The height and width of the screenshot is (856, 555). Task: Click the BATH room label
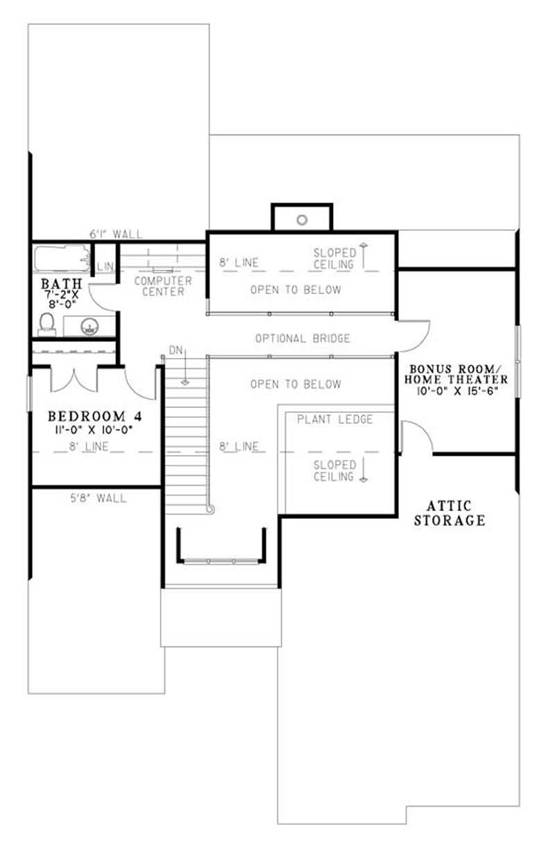[62, 284]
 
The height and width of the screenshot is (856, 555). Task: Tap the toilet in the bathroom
[47, 323]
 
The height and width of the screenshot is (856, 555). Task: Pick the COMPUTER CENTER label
[163, 286]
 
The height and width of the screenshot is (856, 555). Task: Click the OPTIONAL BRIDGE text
[302, 339]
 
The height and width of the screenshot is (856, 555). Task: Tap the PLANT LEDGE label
[334, 419]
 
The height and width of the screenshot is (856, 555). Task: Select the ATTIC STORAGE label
[450, 513]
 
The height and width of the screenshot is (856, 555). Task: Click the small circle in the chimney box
[302, 220]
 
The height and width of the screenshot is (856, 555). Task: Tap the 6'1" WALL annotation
[117, 234]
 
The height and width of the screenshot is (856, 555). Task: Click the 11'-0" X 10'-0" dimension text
[90, 429]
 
